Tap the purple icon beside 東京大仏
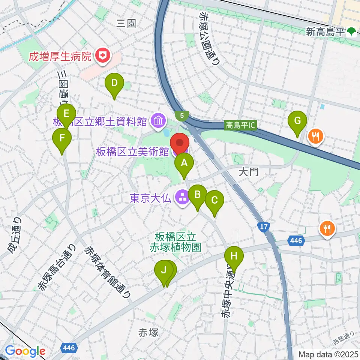[183, 198]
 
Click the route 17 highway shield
[264, 226]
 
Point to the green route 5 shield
[182, 115]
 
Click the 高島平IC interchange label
[240, 125]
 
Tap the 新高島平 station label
[325, 32]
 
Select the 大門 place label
[249, 172]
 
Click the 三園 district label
[126, 24]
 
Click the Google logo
[25, 351]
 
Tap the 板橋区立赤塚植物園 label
[175, 242]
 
